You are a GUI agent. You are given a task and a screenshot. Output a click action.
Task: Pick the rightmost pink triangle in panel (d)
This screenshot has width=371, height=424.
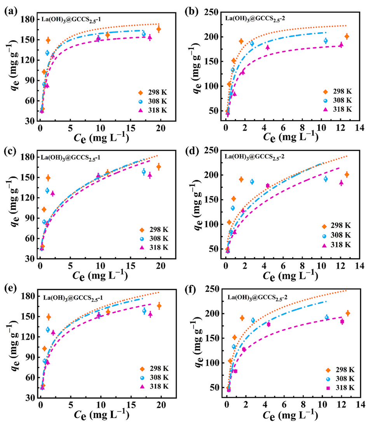point(341,183)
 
